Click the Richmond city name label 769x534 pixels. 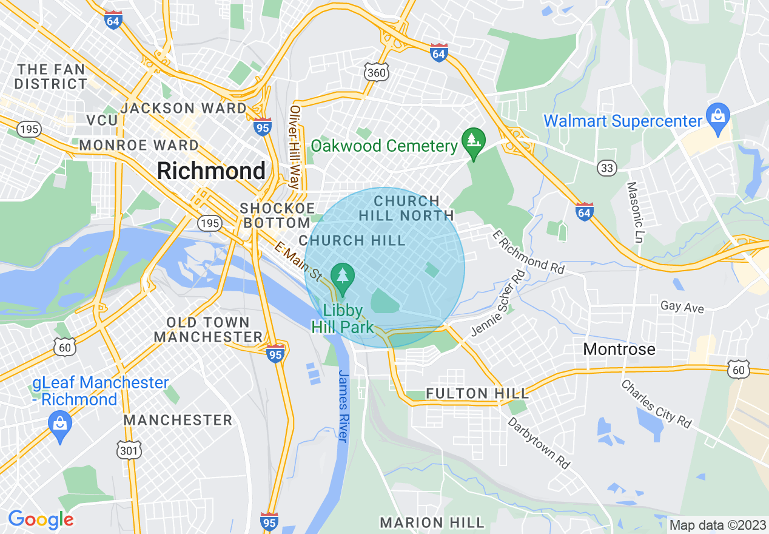click(x=211, y=171)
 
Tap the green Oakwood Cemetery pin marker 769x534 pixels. click(x=471, y=141)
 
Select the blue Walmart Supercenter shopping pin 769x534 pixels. click(x=718, y=118)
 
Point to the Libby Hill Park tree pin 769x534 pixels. click(x=343, y=277)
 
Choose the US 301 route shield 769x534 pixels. click(x=128, y=450)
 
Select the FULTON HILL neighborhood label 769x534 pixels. click(x=477, y=393)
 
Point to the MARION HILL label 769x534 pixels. click(x=432, y=522)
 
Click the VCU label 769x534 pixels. click(x=102, y=120)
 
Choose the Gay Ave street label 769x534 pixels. click(x=682, y=306)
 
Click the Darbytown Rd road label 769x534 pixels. click(x=539, y=442)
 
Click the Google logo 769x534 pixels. click(x=41, y=519)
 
